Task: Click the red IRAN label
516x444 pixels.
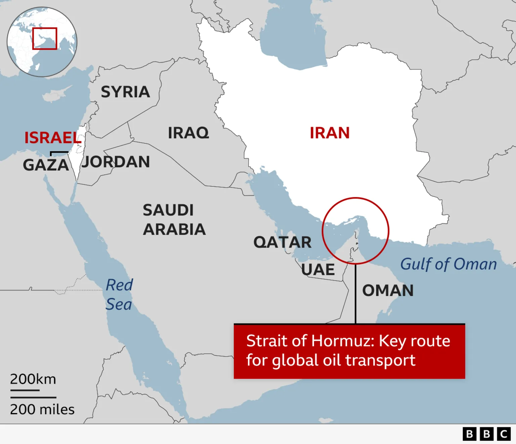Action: (x=330, y=133)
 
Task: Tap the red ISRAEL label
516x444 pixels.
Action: (x=53, y=138)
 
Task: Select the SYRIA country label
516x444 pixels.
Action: (x=125, y=92)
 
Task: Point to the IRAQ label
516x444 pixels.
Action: (x=188, y=133)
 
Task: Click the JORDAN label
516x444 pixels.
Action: (x=116, y=162)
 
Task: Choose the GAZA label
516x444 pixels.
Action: (x=46, y=165)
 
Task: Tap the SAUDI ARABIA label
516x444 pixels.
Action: (x=174, y=220)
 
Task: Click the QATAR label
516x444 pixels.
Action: (x=282, y=242)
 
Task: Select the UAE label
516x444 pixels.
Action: (x=318, y=270)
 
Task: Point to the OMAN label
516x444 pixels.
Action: (x=388, y=290)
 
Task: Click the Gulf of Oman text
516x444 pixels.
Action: (x=448, y=264)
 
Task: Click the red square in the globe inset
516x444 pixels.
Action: (x=45, y=39)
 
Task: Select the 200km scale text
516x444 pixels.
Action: (x=33, y=379)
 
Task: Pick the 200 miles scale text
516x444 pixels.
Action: (x=42, y=409)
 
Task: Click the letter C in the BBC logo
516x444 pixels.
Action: (x=503, y=434)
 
